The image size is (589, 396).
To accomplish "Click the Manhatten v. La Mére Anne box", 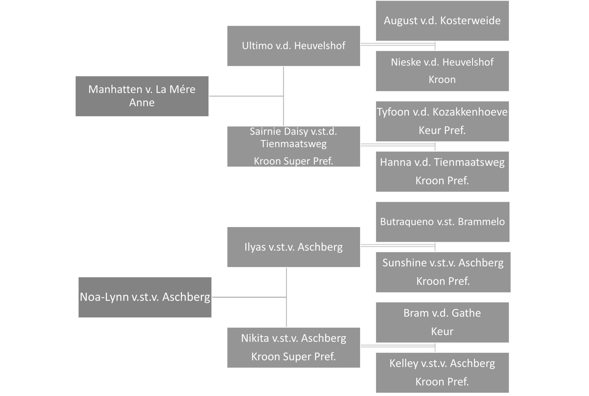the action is [x=142, y=96].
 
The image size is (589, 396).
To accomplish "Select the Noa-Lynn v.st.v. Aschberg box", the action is [x=145, y=297].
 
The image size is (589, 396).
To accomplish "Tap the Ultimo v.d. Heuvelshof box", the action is [x=294, y=46].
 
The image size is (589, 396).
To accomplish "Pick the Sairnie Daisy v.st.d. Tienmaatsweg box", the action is [x=294, y=146].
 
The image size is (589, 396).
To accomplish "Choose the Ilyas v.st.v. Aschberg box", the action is [x=294, y=247].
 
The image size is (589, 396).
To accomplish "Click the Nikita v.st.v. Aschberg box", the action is [x=294, y=348].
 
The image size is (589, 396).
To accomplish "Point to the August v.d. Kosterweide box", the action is [x=442, y=21].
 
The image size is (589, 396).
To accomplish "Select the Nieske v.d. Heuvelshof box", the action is [x=442, y=71].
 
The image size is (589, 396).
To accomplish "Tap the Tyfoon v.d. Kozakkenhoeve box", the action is [x=442, y=121].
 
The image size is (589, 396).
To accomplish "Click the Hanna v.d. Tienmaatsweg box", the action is [x=442, y=171].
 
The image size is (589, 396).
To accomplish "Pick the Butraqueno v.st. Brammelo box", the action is [x=443, y=222].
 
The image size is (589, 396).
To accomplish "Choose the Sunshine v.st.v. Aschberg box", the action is [x=443, y=272].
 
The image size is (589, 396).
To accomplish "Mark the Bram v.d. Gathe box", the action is [x=442, y=322].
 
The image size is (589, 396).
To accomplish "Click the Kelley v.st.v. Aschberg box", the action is [x=442, y=372].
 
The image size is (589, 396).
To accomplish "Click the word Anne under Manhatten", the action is [x=142, y=103].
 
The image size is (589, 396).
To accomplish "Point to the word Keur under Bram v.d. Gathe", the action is [x=442, y=331].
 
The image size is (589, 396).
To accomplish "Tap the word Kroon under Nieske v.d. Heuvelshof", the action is [x=442, y=80].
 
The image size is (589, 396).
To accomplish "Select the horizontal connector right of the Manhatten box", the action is [x=246, y=96].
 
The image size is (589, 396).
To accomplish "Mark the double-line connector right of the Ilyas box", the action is [x=398, y=245].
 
